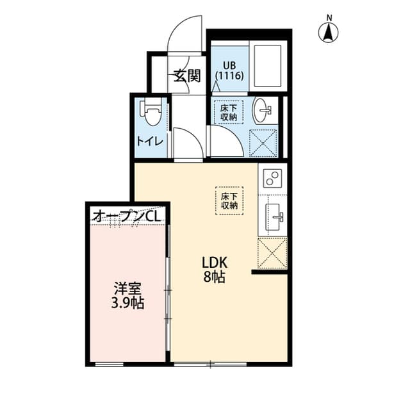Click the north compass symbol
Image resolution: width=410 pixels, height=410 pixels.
coord(329,30)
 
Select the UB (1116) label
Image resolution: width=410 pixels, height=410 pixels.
coord(229,70)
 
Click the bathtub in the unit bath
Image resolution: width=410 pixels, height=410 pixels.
coord(267,66)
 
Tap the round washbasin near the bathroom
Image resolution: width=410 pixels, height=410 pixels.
coord(263,111)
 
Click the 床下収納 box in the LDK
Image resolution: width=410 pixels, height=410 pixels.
coord(230,201)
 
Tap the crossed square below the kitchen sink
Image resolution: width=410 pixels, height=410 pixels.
coord(272,253)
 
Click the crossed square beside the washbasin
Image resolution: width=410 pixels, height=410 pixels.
coord(263,142)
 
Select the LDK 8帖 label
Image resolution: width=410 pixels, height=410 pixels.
coord(213,269)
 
